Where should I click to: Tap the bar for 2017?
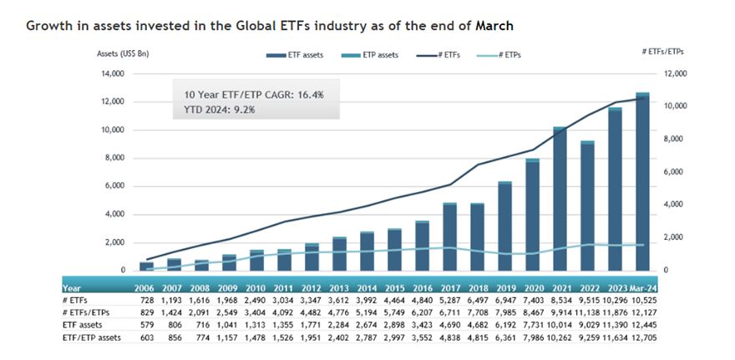tap(449, 237)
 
